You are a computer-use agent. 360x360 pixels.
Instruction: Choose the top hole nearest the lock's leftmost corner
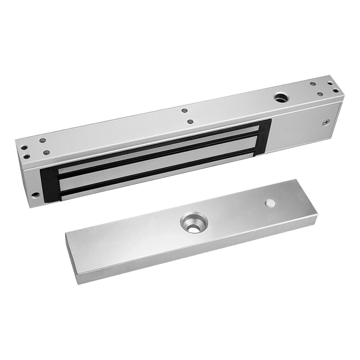[25, 147]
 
